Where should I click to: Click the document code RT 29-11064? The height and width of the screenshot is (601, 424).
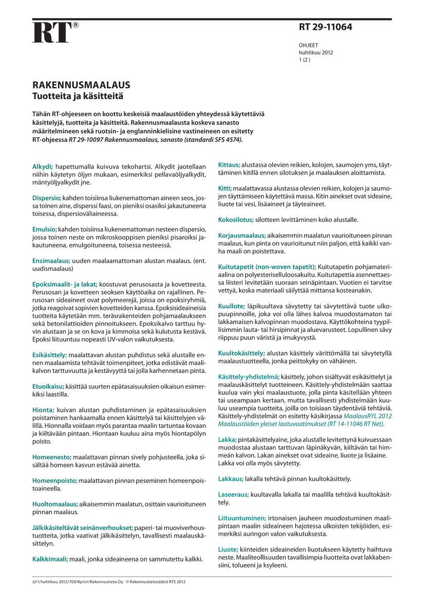coord(325,28)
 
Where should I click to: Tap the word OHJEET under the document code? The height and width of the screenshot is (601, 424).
coord(308,46)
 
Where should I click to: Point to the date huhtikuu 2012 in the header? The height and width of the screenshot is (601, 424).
coord(316,52)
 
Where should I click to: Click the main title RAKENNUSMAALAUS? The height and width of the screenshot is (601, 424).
coord(81,85)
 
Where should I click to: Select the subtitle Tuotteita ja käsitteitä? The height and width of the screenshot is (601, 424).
coord(79,96)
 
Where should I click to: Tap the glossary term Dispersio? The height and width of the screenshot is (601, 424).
coord(47,198)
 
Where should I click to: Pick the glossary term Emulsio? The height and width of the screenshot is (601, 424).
coord(44,229)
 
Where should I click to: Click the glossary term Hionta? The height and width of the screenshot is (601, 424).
coord(43,410)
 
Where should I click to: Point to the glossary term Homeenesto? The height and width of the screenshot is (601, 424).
coord(51,457)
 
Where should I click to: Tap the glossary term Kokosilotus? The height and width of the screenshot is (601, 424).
coord(236,220)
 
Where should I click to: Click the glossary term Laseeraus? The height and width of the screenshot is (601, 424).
coord(234,494)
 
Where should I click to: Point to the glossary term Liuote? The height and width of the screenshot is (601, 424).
coord(228,549)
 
